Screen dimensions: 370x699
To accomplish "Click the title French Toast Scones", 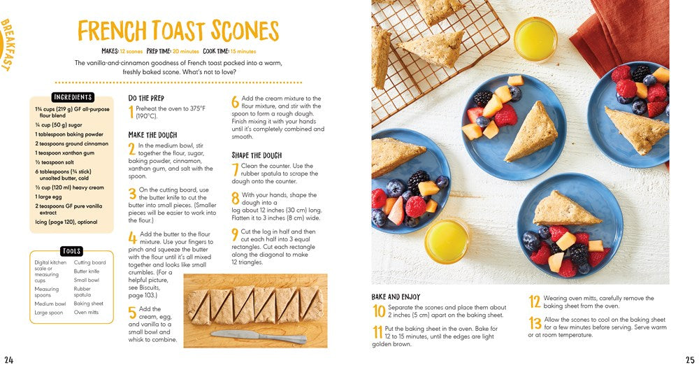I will point(178,31).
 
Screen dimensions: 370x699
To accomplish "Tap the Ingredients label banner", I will point(73,97).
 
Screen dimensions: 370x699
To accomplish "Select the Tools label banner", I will point(71,251).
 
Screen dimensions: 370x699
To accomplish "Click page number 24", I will point(8,360).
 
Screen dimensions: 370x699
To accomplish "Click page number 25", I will point(689,360).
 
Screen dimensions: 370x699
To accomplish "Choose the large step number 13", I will point(534,323).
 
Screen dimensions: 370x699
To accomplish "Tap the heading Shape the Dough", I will point(257,155).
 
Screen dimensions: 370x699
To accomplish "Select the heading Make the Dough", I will point(152,135).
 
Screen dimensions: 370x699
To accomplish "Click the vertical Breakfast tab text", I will point(8,45).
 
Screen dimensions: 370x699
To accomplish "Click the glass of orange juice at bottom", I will point(446,240).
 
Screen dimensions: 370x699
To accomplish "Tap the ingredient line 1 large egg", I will point(49,197).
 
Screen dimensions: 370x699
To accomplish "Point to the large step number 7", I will point(235,169).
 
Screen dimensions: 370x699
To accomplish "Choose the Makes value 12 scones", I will point(131,51).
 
